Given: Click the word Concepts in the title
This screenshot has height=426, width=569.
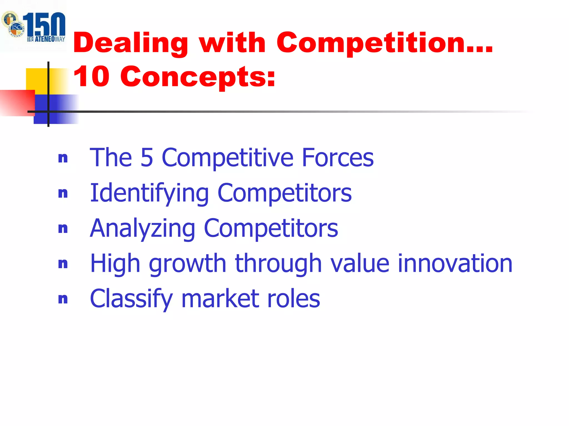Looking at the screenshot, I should click(198, 77).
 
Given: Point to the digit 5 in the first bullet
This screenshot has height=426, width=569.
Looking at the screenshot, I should click(147, 158).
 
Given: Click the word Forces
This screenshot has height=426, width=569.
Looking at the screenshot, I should click(338, 158).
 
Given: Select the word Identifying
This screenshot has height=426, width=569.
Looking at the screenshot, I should click(149, 193).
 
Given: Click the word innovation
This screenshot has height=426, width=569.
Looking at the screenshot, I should click(455, 263).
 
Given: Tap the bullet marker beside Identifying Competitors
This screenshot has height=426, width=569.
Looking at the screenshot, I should click(63, 193).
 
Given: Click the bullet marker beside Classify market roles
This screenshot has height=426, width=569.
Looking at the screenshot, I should click(63, 299).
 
